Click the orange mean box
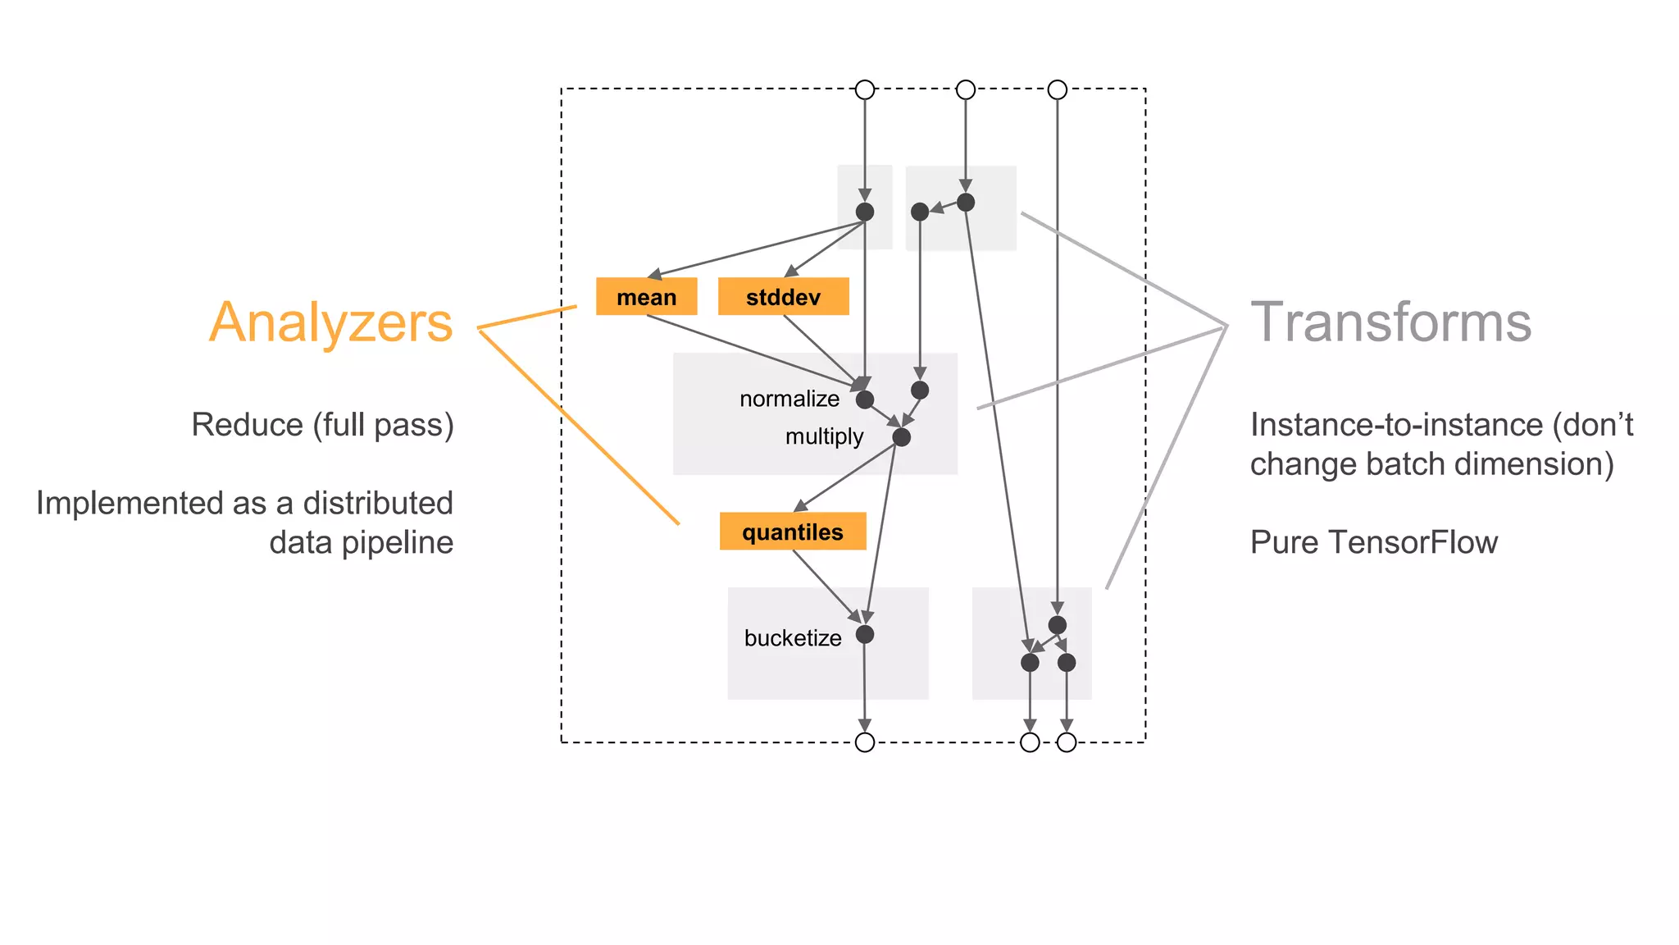coord(646,296)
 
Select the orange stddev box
coord(783,296)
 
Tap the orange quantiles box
coord(792,532)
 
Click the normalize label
coord(789,399)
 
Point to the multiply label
coord(823,436)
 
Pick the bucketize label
coord(792,637)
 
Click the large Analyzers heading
coord(330,322)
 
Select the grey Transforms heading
coord(1390,322)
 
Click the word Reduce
coord(247,425)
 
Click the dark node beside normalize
coord(864,399)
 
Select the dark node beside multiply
coord(901,437)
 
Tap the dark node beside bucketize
coord(864,634)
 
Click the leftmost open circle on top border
coord(864,89)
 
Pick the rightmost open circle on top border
coord(1057,89)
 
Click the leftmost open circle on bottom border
coord(864,742)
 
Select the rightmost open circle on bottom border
coord(1066,742)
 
